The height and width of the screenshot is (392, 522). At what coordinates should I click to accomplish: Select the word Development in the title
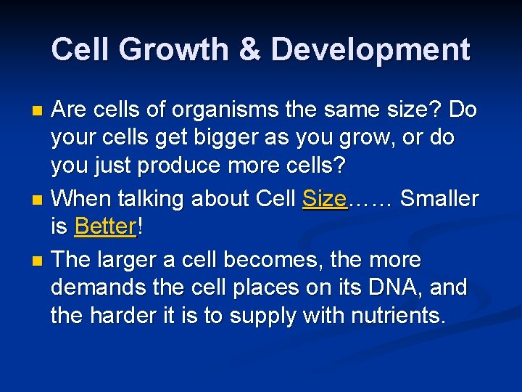pos(370,50)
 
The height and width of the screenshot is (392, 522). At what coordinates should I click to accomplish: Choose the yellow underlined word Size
pos(325,198)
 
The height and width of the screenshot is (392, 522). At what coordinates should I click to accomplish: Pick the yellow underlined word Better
pos(105,226)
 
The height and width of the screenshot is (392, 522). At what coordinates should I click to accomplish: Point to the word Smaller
pos(439,198)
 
